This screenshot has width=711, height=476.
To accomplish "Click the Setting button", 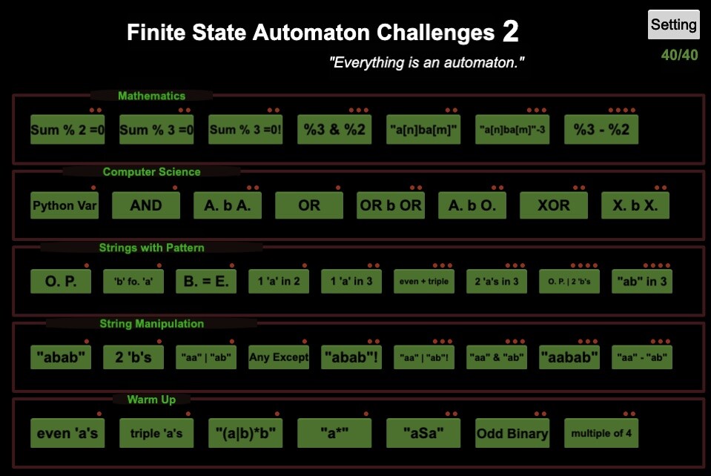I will pyautogui.click(x=673, y=24).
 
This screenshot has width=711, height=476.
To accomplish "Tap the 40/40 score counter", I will pyautogui.click(x=679, y=56).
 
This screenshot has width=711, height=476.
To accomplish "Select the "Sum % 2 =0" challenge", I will pyautogui.click(x=67, y=130).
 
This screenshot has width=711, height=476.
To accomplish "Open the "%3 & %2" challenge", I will pyautogui.click(x=334, y=130).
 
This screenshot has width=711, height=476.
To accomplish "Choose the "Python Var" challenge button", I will pyautogui.click(x=65, y=205).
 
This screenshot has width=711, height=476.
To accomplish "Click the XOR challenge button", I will pyautogui.click(x=553, y=205).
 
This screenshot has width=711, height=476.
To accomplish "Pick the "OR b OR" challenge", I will pyautogui.click(x=390, y=205).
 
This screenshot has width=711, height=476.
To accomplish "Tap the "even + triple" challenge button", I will pyautogui.click(x=423, y=281).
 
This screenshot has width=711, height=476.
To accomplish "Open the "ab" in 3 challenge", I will pyautogui.click(x=641, y=281).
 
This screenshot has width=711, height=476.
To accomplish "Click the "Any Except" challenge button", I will pyautogui.click(x=278, y=357).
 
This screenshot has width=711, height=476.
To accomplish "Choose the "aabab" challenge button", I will pyautogui.click(x=569, y=357).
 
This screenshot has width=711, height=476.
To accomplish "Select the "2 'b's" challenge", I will pyautogui.click(x=133, y=357).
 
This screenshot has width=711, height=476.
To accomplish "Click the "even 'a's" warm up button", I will pyautogui.click(x=67, y=433).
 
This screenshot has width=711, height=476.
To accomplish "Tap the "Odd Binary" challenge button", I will pyautogui.click(x=512, y=433).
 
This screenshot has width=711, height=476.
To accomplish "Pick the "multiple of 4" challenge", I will pyautogui.click(x=601, y=433).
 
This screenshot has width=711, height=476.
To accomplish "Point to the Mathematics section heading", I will pyautogui.click(x=151, y=96).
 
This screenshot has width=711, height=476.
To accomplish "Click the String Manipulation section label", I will pyautogui.click(x=151, y=323).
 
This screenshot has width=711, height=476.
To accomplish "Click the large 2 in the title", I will pyautogui.click(x=510, y=32).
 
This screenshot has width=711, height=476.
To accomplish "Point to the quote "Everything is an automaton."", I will pyautogui.click(x=426, y=63).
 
